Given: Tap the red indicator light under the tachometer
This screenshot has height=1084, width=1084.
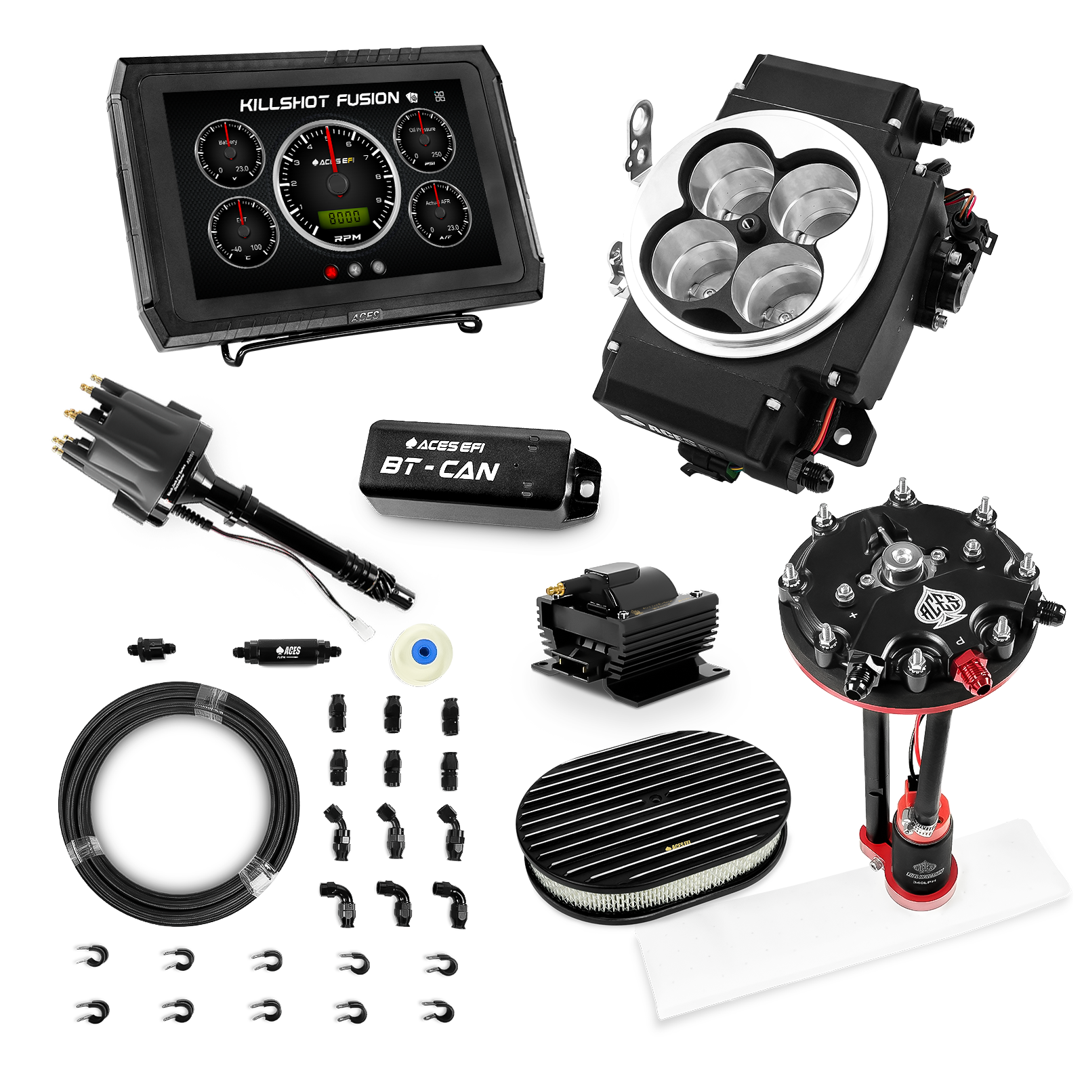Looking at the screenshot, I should coord(332,271).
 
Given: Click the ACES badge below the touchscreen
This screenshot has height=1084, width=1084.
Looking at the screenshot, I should coord(366,316).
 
